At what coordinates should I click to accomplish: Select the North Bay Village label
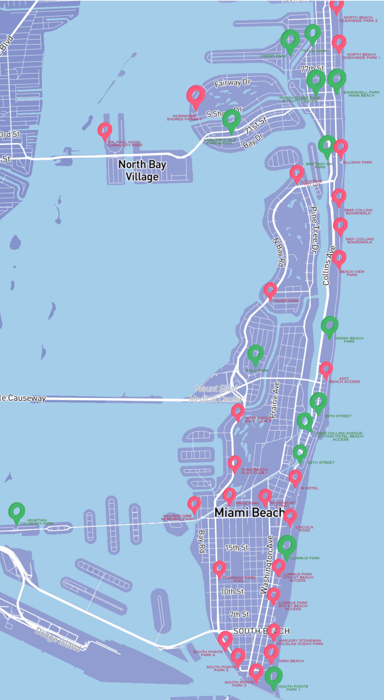(x=142, y=170)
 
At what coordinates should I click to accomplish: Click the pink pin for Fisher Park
(x=270, y=290)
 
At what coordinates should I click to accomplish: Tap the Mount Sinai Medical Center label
(x=216, y=394)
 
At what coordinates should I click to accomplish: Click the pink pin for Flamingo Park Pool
(x=219, y=568)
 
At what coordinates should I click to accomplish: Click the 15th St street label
(x=237, y=547)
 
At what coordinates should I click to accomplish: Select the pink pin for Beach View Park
(x=339, y=258)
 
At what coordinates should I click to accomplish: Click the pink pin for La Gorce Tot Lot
(x=297, y=173)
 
